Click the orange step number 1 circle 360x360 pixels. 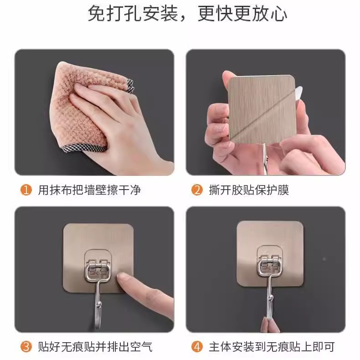tap(26, 190)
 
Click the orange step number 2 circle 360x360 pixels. tap(197, 190)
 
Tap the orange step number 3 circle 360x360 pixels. tap(26, 347)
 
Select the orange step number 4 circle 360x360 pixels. tap(197, 347)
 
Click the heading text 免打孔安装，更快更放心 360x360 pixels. tap(187, 14)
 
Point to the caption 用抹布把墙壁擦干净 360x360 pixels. tap(89, 190)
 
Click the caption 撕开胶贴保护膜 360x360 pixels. tap(249, 190)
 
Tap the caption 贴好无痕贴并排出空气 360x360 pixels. tap(95, 347)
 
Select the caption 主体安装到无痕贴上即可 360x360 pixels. tap(272, 347)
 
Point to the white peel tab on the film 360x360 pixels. tap(299, 94)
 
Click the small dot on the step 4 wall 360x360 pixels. tap(324, 259)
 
